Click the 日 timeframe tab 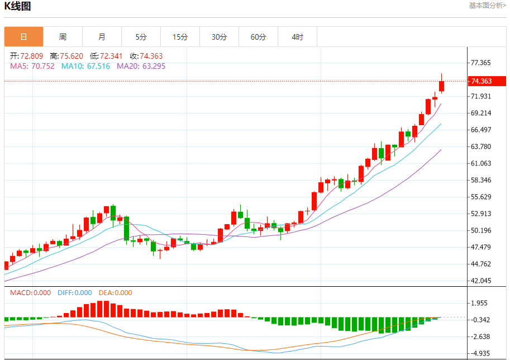(x=23, y=37)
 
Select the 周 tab (x=63, y=37)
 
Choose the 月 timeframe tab (x=102, y=37)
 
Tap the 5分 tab (x=141, y=37)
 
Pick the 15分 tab (x=180, y=37)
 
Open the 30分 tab (x=219, y=37)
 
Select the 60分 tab (x=258, y=37)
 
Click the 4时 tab (x=297, y=37)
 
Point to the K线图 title (x=18, y=7)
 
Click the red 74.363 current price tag (x=488, y=81)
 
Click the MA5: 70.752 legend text (x=32, y=66)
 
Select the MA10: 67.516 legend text (x=85, y=66)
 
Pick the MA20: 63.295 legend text (x=141, y=66)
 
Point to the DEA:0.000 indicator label (x=115, y=292)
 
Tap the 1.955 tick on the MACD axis (x=480, y=303)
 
